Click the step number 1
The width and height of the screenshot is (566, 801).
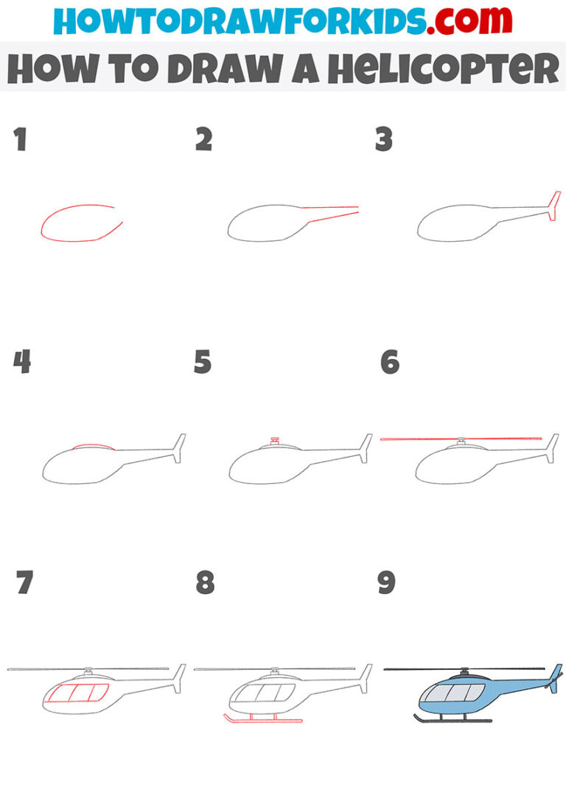point(21,140)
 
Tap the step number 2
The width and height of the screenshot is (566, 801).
point(203,140)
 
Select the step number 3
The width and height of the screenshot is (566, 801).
point(383,140)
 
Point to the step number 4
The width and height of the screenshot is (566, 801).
point(22,362)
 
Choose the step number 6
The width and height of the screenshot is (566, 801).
point(389,362)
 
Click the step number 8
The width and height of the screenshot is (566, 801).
point(205,583)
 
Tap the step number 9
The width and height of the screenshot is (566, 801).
point(386,583)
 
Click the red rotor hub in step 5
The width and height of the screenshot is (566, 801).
point(275,441)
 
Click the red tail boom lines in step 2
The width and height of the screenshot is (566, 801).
point(332,211)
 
